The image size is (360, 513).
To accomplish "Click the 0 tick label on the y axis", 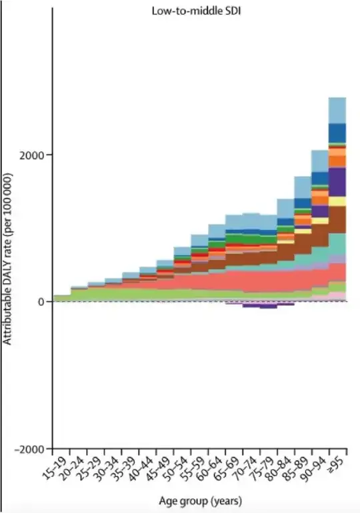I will click(x=41, y=302).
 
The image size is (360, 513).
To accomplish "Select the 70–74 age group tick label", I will click(x=245, y=466).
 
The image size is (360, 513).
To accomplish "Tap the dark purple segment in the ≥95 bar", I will click(x=337, y=181).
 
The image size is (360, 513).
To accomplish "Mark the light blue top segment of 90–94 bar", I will click(x=320, y=161).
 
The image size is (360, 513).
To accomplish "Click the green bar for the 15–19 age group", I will click(x=62, y=298).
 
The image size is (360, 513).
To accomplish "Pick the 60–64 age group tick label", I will click(x=210, y=466).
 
